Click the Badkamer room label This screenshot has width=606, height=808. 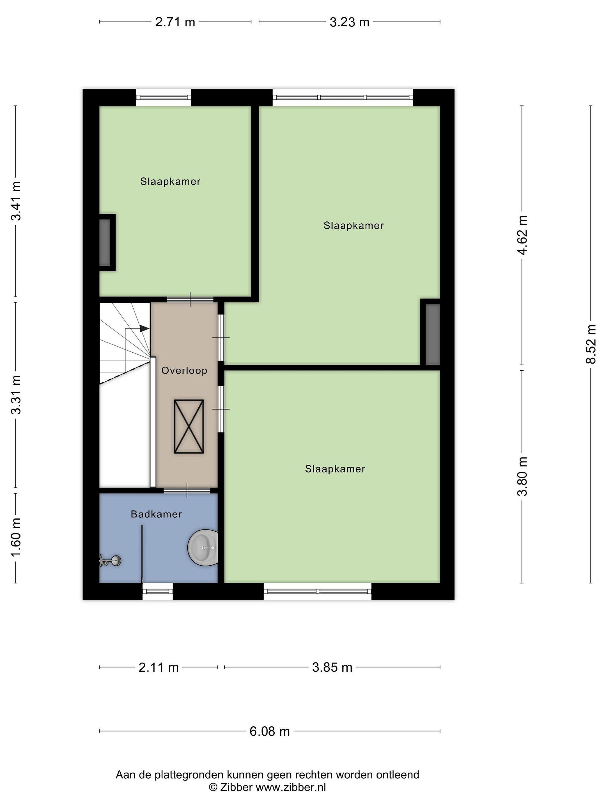[x=156, y=514]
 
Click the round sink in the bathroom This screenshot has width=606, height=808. [x=203, y=548]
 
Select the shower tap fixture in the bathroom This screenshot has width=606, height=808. [x=110, y=560]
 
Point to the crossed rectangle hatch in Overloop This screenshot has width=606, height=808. [x=189, y=426]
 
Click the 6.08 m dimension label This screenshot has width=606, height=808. [x=270, y=731]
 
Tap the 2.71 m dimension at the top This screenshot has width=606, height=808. [x=175, y=22]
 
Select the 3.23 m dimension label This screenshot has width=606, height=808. [x=349, y=22]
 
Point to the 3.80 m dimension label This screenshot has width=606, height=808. [x=522, y=476]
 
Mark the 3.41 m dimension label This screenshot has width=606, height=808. [x=16, y=201]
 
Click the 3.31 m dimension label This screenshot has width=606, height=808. [x=16, y=395]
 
